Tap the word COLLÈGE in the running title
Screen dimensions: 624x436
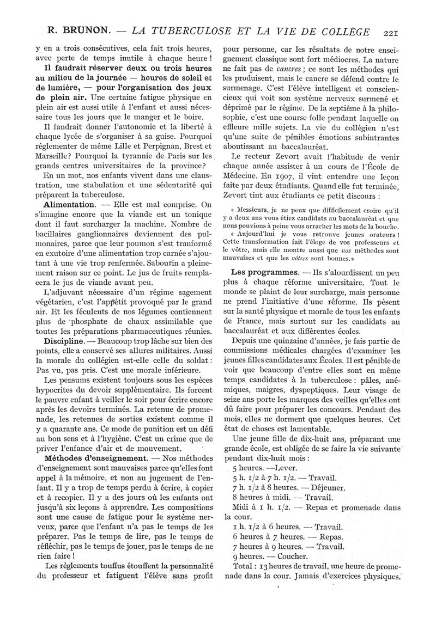(345, 31)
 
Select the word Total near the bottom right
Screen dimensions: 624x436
(244, 566)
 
